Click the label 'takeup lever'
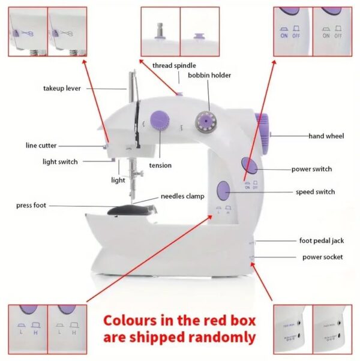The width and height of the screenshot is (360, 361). pyautogui.click(x=62, y=88)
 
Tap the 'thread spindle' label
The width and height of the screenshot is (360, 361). pyautogui.click(x=174, y=65)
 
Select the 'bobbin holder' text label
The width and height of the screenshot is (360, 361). pyautogui.click(x=209, y=76)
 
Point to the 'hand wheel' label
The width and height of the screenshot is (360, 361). pyautogui.click(x=326, y=136)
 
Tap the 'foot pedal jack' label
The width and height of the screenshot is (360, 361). pyautogui.click(x=322, y=240)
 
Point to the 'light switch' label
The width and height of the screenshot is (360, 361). pyautogui.click(x=60, y=161)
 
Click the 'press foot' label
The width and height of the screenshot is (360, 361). pyautogui.click(x=31, y=206)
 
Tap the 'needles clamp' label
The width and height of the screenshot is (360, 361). pyautogui.click(x=182, y=196)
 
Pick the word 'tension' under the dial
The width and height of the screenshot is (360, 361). pyautogui.click(x=160, y=166)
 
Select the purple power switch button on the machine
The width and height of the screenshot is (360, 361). pyautogui.click(x=248, y=165)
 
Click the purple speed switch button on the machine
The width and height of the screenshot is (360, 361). pyautogui.click(x=223, y=191)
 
